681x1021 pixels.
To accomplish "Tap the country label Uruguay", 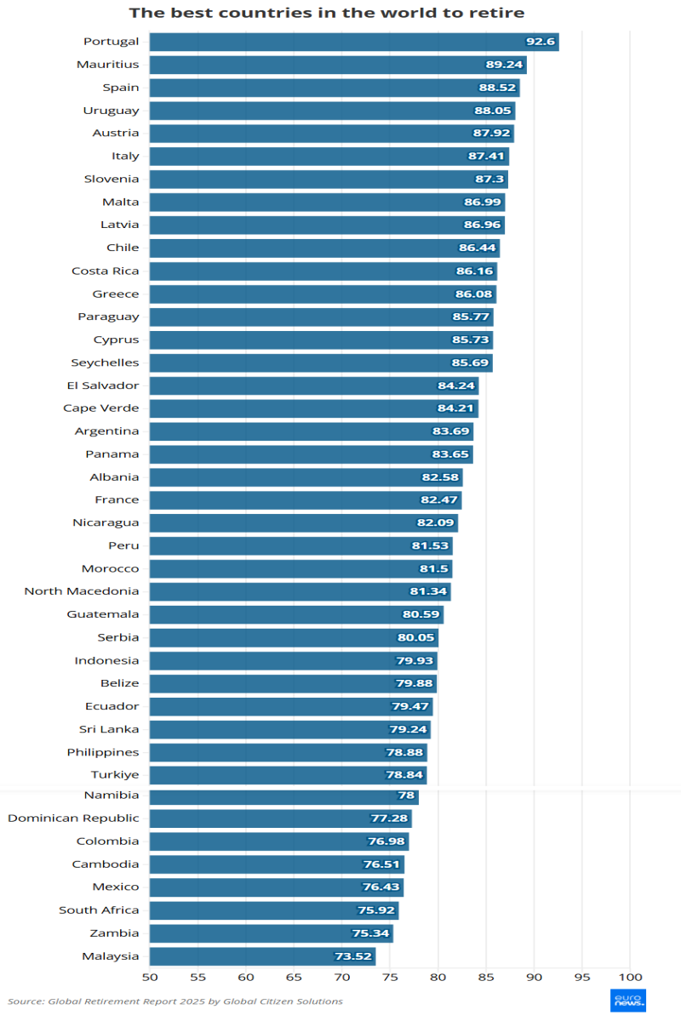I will coord(111,110).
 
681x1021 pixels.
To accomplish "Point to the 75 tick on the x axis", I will coord(390,977).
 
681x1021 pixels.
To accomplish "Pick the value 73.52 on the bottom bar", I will coord(353,956).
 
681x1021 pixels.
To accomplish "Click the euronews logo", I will coord(628,1001).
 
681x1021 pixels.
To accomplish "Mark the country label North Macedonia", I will coord(82,591).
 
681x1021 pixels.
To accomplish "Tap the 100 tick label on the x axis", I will coord(630,977).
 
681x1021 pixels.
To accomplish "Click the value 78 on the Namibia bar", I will coord(407,796).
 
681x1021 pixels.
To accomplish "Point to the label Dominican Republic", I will coord(73,819).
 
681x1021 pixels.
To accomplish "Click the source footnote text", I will coord(175,1001).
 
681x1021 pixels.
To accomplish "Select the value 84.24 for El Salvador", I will coord(455,386).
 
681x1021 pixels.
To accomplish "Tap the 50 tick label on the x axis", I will coord(150,977).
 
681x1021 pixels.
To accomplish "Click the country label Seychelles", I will coord(105,362).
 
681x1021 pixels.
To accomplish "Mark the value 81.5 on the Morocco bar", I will coord(430,569).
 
